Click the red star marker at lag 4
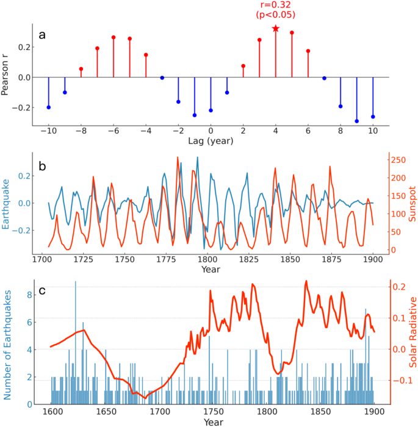coord(276,29)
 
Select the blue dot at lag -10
coord(49,107)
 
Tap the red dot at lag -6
coord(114,37)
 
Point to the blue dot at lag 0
coord(211,110)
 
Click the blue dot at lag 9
coord(356,121)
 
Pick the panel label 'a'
coord(42,34)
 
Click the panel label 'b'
coord(42,165)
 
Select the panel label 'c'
coord(42,290)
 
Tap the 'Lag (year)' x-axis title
coord(211,141)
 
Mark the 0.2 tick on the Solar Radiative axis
coord(398,286)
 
